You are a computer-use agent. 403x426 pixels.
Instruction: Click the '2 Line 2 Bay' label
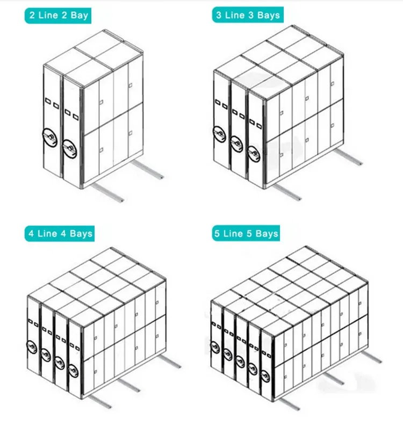point(55,15)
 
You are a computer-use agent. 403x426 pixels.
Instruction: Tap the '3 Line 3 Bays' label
point(248,15)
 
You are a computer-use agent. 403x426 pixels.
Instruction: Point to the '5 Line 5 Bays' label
point(247,233)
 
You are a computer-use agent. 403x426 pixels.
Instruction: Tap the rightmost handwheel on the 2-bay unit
point(69,146)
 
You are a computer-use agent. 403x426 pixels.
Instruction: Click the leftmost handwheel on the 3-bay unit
point(220,132)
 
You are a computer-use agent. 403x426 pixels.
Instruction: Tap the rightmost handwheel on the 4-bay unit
point(75,371)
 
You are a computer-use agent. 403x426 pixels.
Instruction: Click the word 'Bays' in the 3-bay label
point(269,15)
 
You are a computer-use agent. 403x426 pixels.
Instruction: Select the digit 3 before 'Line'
point(219,15)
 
